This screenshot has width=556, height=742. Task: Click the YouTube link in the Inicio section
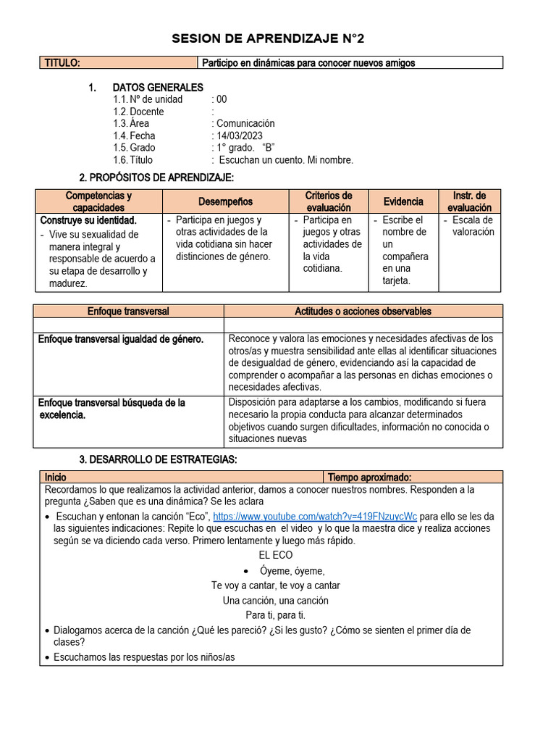tap(315, 517)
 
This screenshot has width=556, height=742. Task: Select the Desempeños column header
tap(225, 201)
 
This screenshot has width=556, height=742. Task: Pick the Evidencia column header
tap(403, 201)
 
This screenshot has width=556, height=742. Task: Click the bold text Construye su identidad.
tap(88, 220)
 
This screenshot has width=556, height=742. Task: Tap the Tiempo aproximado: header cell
tap(370, 478)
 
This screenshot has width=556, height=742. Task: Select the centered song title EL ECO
tap(276, 555)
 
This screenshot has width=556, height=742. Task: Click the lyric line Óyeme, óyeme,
tap(292, 570)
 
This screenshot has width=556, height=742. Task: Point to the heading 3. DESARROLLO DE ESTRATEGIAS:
tap(157, 460)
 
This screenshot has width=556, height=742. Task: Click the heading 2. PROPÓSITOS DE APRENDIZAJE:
tap(156, 178)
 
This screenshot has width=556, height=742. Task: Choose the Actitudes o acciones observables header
tap(363, 311)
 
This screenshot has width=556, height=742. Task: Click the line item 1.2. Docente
tap(138, 112)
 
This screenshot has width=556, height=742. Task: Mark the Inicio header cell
tap(56, 478)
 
